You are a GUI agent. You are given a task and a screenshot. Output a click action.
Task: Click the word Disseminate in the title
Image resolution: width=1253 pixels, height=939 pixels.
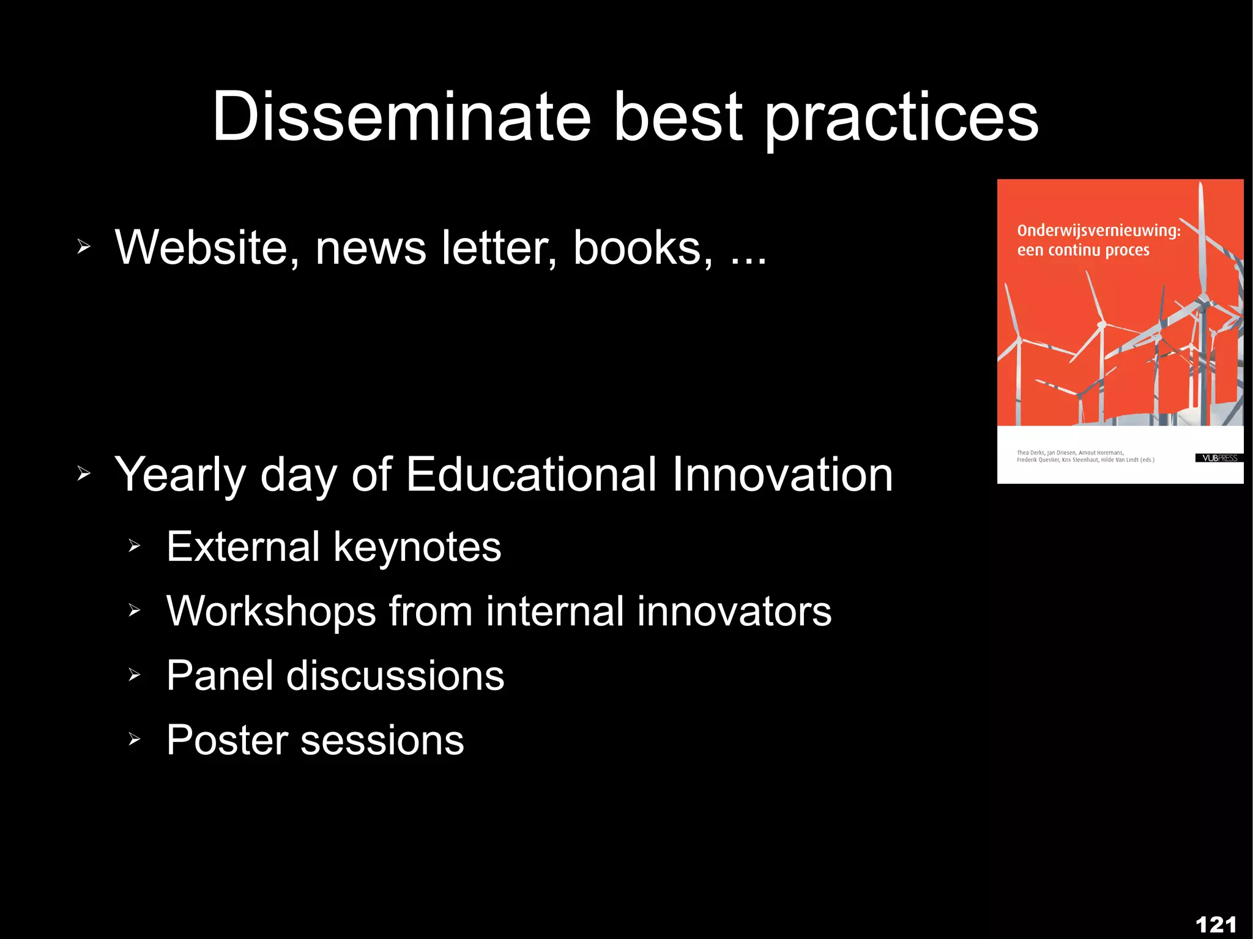[x=401, y=116]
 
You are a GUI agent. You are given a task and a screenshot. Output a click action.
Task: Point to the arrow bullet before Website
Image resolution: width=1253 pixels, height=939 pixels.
[x=84, y=247]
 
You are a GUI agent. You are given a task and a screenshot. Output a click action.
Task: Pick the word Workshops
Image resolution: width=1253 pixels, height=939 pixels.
[x=271, y=611]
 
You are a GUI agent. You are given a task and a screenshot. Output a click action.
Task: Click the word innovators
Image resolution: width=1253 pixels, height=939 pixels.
[x=734, y=611]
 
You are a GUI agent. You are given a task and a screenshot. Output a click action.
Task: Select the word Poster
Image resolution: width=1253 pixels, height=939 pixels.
[x=227, y=740]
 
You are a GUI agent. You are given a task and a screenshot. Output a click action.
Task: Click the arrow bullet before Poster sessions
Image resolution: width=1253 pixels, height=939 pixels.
[x=135, y=740]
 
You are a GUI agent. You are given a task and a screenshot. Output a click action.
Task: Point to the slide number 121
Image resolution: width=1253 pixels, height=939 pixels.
[x=1216, y=924]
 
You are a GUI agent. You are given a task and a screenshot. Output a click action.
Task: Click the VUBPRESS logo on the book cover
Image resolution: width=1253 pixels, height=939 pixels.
[x=1219, y=458]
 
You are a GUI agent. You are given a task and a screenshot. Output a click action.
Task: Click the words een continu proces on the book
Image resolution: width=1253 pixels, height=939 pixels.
[x=1083, y=250]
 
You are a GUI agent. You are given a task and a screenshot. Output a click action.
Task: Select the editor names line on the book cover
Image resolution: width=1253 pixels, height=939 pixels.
[x=1085, y=456]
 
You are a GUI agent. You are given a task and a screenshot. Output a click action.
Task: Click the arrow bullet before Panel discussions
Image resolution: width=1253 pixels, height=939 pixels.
[x=135, y=675]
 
